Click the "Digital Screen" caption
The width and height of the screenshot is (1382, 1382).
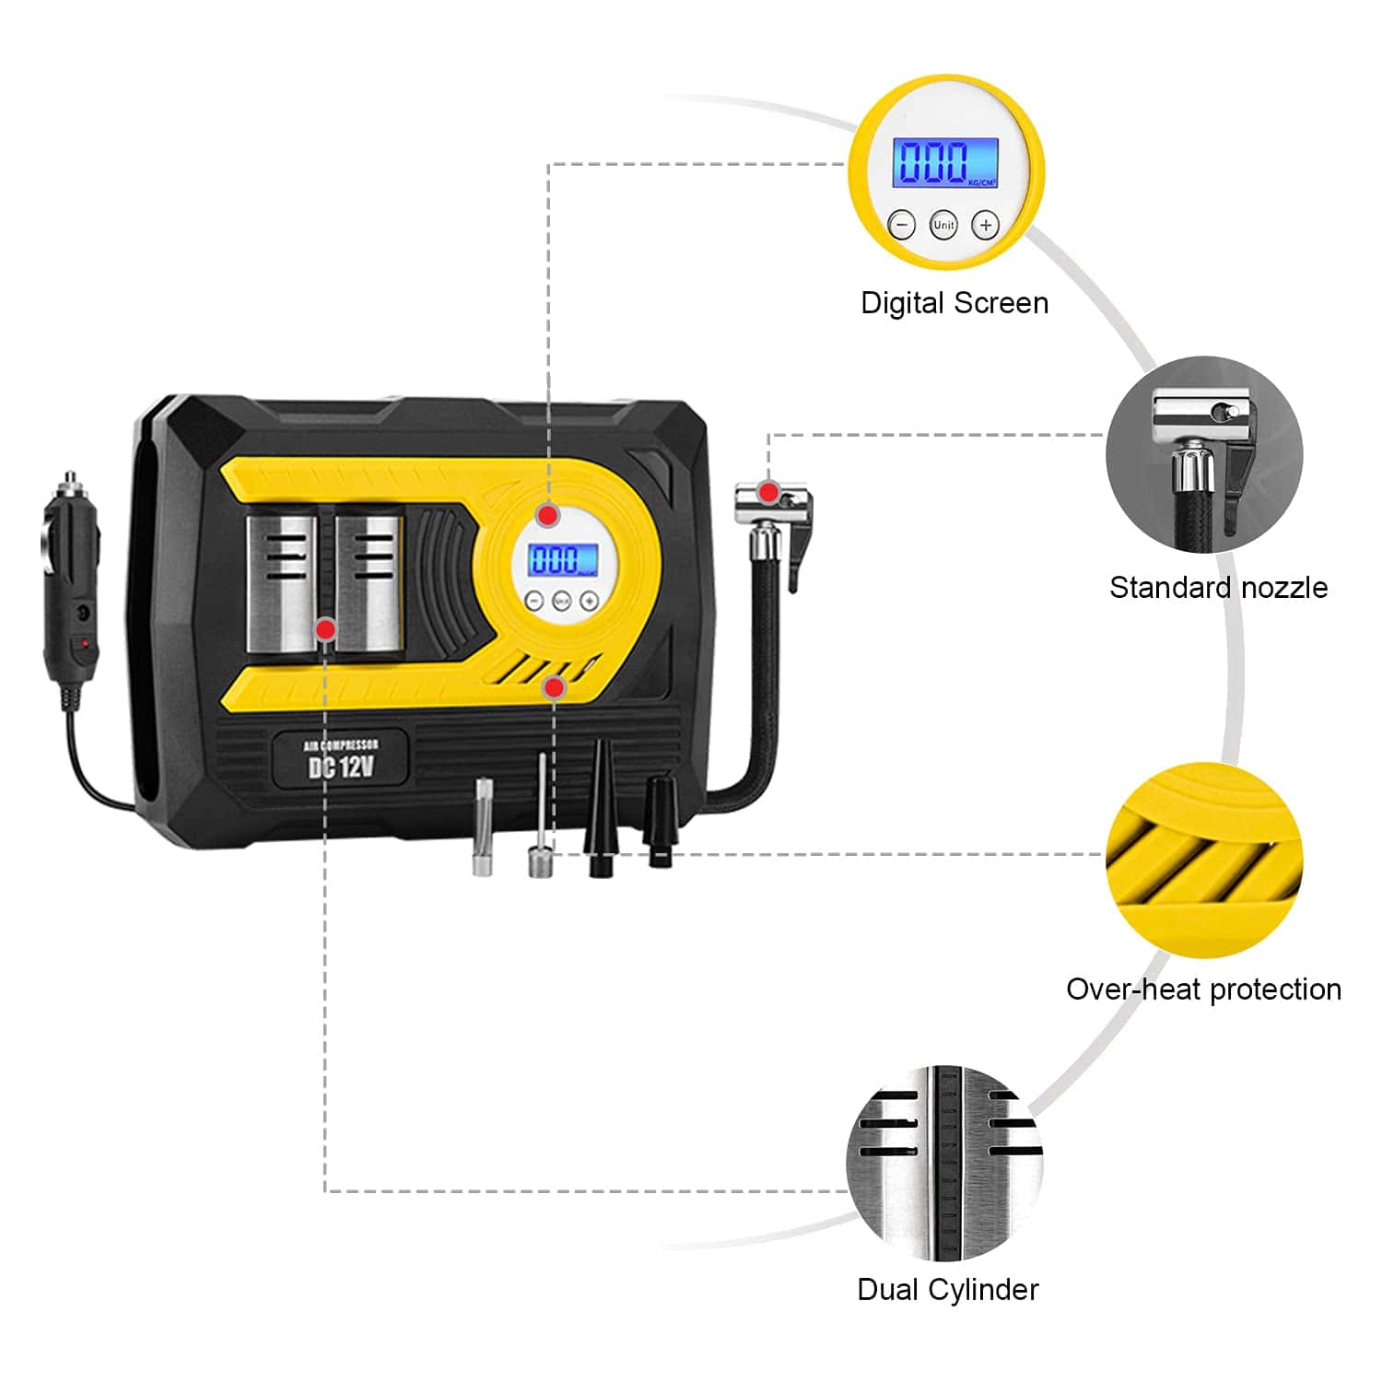point(955,303)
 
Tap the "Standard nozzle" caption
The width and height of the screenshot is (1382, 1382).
point(1218,588)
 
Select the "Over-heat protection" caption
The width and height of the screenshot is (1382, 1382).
point(1203,990)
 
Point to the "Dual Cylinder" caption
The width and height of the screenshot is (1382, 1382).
point(947,1290)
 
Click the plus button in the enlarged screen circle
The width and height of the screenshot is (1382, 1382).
point(986,225)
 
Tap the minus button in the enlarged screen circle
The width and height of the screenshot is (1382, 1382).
point(901,225)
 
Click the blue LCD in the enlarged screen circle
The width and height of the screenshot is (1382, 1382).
point(945,162)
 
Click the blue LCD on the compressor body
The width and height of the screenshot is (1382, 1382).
point(562,559)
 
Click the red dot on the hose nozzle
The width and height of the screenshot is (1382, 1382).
point(768,491)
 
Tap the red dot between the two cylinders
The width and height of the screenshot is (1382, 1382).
point(325,629)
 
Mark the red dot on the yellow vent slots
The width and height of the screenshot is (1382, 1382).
point(554,687)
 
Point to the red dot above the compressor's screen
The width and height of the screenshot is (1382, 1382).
point(548,515)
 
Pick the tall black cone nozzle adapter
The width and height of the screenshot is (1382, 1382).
point(600,806)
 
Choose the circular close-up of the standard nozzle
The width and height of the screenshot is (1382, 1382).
point(1204,455)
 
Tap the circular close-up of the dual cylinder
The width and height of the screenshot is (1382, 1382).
point(945,1163)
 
